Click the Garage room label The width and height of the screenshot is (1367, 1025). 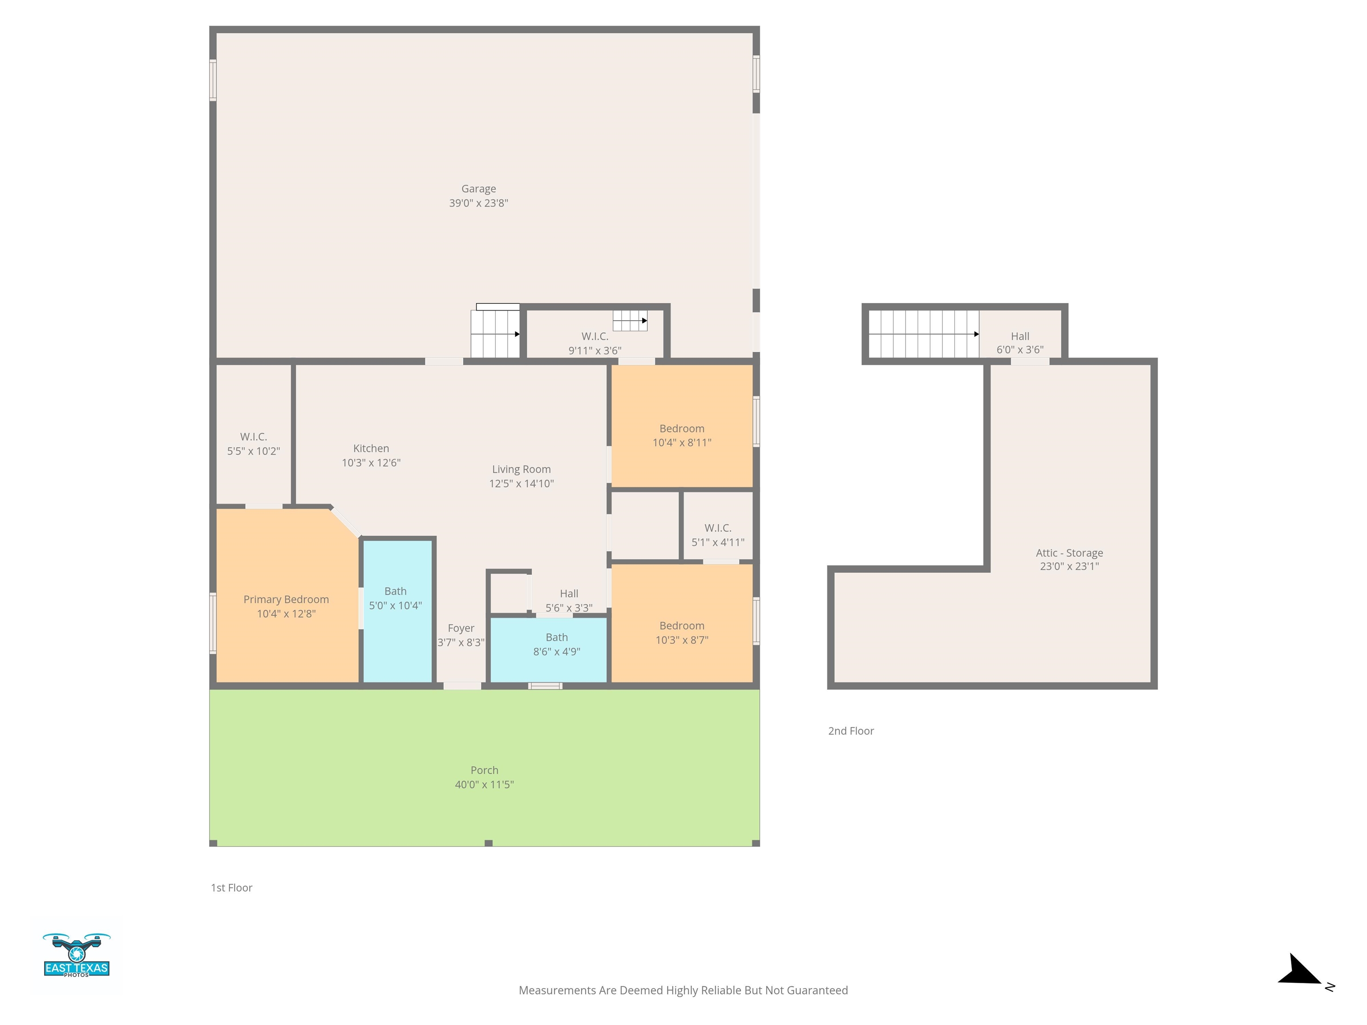(x=478, y=189)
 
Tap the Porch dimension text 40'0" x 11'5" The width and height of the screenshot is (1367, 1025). (x=485, y=785)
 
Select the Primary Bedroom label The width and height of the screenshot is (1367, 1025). (x=286, y=599)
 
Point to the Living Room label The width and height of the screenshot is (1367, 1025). (x=521, y=469)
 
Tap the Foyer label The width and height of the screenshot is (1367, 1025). (x=461, y=628)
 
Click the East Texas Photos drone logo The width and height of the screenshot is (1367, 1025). (x=77, y=955)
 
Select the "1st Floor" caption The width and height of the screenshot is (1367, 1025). (x=232, y=888)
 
